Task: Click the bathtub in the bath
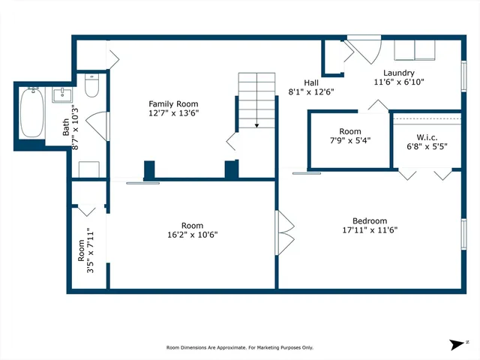tap(32, 112)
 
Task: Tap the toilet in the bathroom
tap(91, 87)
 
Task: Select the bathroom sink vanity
tap(61, 95)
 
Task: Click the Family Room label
tap(173, 104)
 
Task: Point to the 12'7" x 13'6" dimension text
tap(173, 113)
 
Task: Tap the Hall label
tap(311, 82)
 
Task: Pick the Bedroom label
tap(370, 220)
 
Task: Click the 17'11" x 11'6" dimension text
tap(370, 230)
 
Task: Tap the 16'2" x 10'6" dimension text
tap(192, 235)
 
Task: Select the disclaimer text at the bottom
tap(239, 347)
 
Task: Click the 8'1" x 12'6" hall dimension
tap(311, 91)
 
